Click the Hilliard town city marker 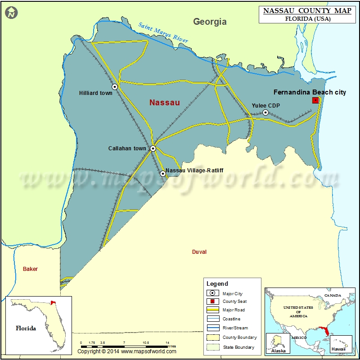(115, 87)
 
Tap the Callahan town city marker (153, 148)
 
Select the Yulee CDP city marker (265, 112)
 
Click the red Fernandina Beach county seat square (315, 100)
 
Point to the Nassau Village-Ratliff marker (163, 173)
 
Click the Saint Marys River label (163, 33)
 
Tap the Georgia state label (210, 22)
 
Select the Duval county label (199, 252)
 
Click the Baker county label (31, 269)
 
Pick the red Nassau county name (164, 103)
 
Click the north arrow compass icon (11, 13)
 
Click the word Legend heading (217, 284)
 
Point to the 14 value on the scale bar (167, 343)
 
